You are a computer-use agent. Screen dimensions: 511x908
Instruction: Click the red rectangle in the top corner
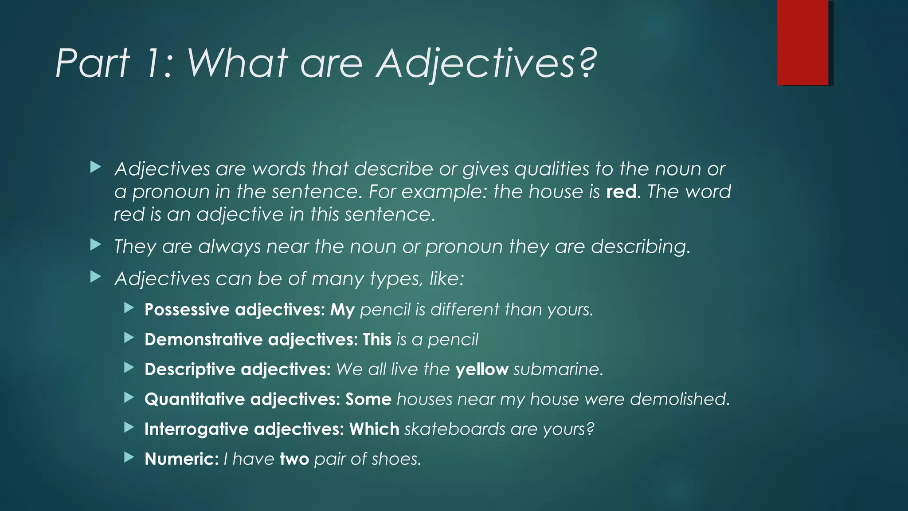pos(802,43)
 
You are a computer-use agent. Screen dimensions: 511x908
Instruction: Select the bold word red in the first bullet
pos(621,192)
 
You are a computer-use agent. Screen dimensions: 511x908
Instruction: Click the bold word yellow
pos(481,369)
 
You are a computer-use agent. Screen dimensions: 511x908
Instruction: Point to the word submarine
pos(558,369)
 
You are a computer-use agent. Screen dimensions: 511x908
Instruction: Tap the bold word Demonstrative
pos(204,340)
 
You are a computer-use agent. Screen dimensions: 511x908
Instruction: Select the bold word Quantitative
pos(194,399)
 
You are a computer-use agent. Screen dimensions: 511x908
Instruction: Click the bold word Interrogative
pos(196,429)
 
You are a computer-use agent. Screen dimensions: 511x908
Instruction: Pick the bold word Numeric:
pos(181,459)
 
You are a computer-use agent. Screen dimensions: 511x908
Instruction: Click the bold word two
pos(294,459)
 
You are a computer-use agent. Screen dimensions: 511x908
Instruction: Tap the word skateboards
pos(454,429)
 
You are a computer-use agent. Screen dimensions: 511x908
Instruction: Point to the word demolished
pos(679,399)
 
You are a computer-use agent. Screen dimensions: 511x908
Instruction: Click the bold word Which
pos(374,429)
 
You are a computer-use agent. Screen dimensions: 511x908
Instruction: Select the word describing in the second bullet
pos(640,247)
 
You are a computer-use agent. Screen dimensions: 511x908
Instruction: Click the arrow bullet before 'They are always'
pos(96,244)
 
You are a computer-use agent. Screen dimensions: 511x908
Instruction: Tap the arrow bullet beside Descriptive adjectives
pos(129,367)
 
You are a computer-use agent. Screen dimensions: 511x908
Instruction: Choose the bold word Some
pos(368,399)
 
